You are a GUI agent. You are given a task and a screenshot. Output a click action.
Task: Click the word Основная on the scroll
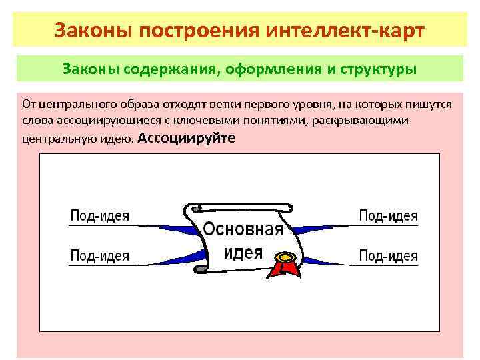(x=243, y=230)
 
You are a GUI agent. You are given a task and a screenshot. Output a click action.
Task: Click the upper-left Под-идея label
(x=100, y=215)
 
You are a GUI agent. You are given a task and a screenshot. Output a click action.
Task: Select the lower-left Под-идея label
(x=100, y=255)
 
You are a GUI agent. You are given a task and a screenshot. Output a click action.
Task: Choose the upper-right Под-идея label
(x=389, y=215)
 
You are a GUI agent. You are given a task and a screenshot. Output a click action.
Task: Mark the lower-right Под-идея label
(x=389, y=255)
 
